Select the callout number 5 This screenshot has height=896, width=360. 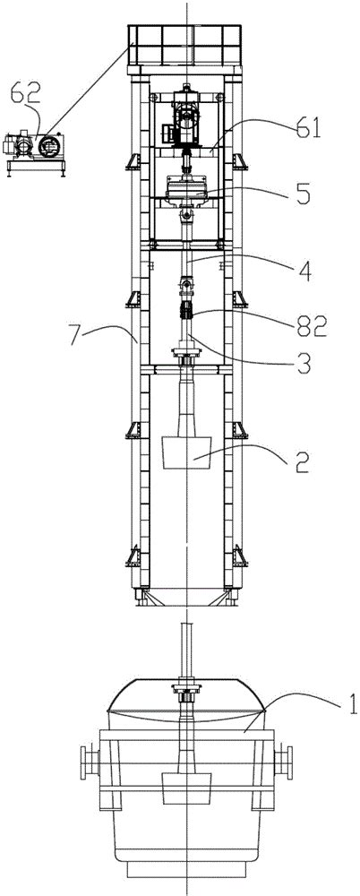[x=304, y=194]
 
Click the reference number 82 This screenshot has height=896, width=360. [x=311, y=327]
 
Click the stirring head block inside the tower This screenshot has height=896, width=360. [x=187, y=452]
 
